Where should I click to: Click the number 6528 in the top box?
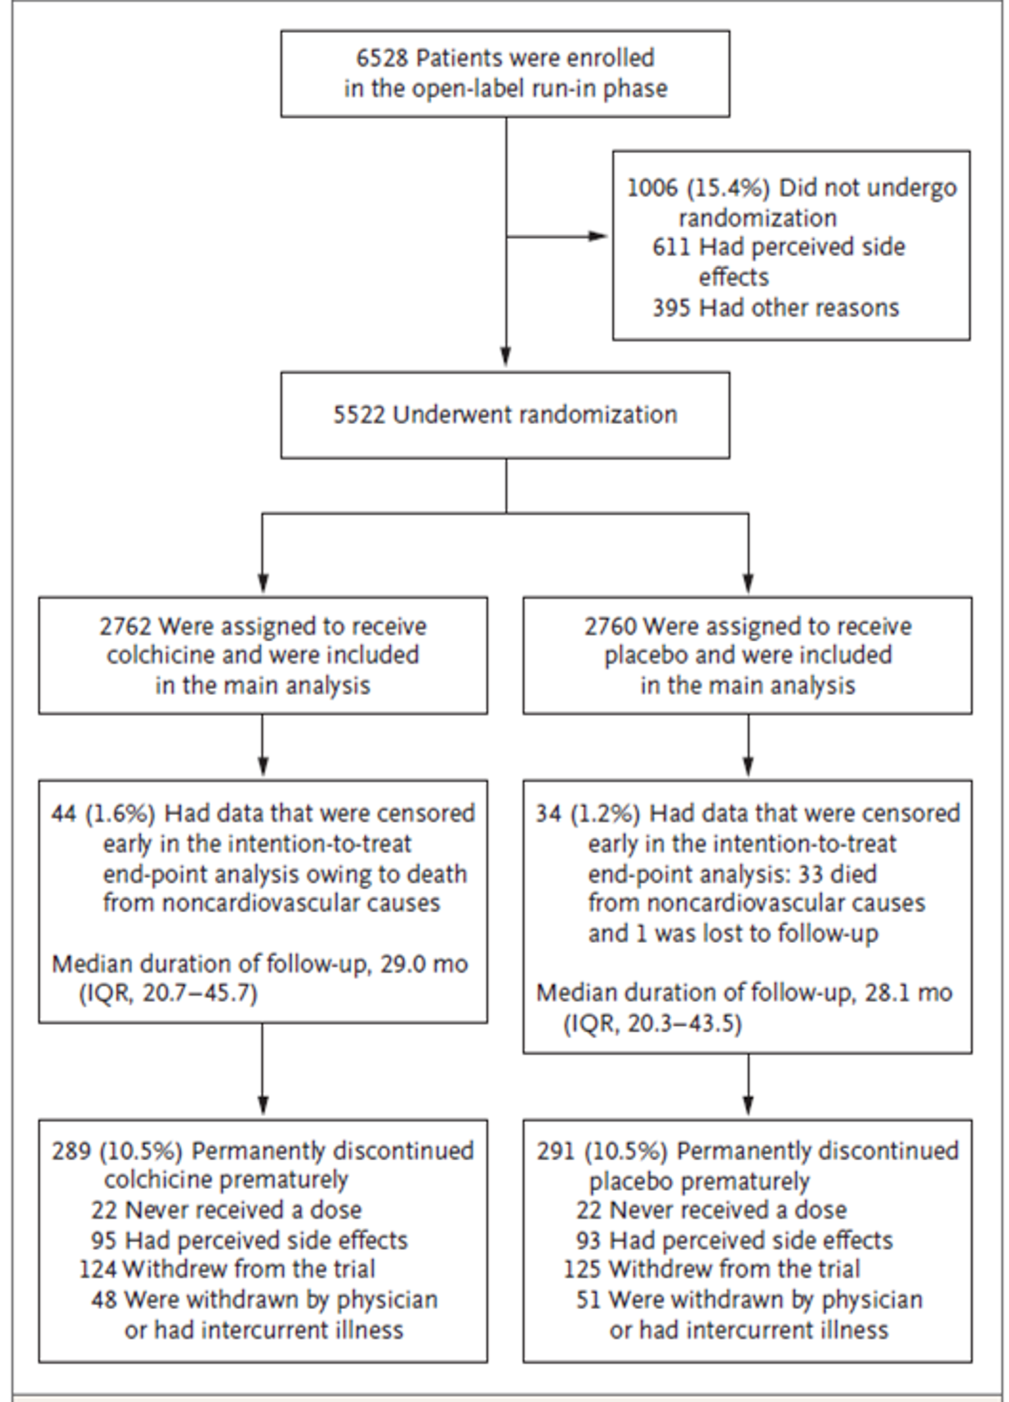click(382, 58)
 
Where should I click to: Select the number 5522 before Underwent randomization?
click(359, 415)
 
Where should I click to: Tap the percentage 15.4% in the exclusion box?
click(728, 189)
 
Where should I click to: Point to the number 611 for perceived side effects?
click(671, 247)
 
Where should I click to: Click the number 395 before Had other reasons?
click(671, 308)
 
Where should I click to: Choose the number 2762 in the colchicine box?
click(126, 626)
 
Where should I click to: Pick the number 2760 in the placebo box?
click(611, 626)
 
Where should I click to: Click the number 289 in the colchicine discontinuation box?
click(72, 1151)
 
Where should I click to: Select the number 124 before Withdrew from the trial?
click(98, 1269)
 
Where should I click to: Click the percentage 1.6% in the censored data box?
click(120, 814)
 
